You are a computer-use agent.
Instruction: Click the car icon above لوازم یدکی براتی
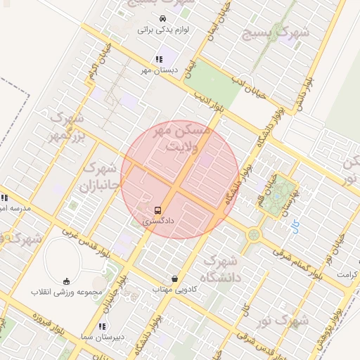162,18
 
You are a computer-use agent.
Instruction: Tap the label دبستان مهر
157,70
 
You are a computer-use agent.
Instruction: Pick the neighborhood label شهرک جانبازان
102,178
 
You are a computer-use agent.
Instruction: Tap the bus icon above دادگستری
157,210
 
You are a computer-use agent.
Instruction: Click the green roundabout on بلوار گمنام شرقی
253,234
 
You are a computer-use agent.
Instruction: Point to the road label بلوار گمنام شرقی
294,258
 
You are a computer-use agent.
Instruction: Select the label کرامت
347,274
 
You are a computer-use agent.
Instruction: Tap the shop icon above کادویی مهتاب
174,279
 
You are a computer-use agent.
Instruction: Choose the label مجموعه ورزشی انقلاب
67,291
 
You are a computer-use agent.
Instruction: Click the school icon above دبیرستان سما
103,326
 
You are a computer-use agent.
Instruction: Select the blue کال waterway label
295,226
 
